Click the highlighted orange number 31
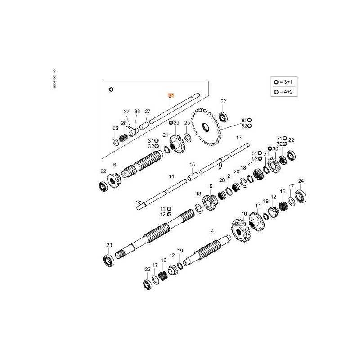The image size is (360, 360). [x=171, y=96]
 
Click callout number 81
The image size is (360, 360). [x=244, y=121]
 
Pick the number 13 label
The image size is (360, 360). [x=238, y=137]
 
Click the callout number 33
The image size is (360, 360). [x=137, y=112]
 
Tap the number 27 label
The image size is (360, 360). [x=148, y=112]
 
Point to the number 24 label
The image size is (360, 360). [x=301, y=181]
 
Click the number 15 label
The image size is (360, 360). [x=192, y=165]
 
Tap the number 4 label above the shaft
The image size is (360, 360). [x=212, y=231]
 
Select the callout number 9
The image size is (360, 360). [x=211, y=186]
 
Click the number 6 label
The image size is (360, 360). [x=114, y=165]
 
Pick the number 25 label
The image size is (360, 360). [x=187, y=122]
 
